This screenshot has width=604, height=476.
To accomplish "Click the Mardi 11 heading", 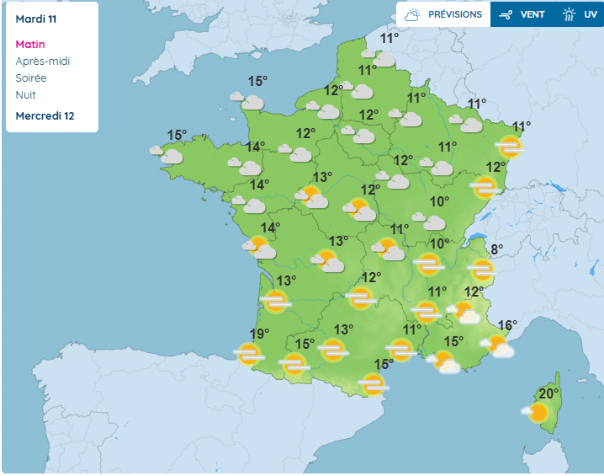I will [x=35, y=18].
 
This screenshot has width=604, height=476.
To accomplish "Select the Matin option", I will [x=30, y=44].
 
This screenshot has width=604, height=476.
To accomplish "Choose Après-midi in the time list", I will [x=43, y=61].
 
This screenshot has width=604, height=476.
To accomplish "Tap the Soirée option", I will [x=31, y=78].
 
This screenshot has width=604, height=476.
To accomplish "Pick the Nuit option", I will [x=26, y=94].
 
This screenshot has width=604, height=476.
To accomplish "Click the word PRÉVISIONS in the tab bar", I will [x=455, y=14].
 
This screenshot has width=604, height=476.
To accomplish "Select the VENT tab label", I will [x=532, y=14].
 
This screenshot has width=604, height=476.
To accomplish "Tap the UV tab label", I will [x=591, y=14].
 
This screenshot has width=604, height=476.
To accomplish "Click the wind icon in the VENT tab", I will [x=506, y=14].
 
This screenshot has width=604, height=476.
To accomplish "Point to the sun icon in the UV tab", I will [x=570, y=14].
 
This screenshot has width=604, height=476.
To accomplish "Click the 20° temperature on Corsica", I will [x=549, y=393].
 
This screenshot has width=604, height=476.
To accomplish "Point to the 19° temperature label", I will [x=259, y=334].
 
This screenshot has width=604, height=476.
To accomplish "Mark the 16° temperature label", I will [x=507, y=325].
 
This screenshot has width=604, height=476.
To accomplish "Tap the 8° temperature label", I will [x=496, y=249].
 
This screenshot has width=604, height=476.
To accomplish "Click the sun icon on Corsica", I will [x=536, y=413].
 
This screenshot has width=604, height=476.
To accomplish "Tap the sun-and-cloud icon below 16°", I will [x=499, y=345].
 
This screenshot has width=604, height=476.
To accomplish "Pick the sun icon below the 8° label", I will [x=482, y=270].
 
